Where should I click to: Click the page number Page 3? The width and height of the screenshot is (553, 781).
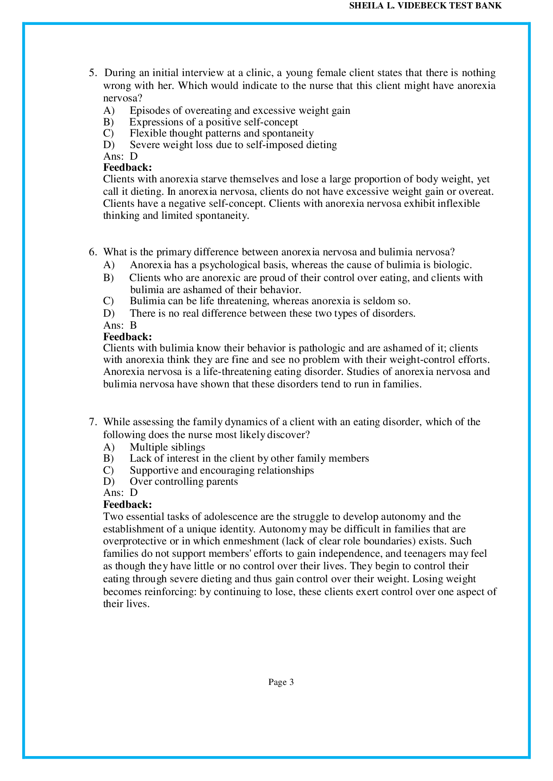(x=281, y=682)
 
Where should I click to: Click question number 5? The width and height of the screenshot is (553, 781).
(x=92, y=72)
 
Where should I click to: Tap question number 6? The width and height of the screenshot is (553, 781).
(x=92, y=252)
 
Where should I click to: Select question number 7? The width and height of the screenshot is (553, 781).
(x=92, y=422)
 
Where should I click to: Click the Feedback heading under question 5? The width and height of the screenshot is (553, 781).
(x=128, y=168)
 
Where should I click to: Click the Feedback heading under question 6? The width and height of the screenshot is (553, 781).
(x=128, y=337)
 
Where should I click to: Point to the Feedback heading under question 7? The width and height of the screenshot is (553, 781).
(x=128, y=504)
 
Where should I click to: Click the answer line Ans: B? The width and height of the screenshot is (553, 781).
(x=120, y=325)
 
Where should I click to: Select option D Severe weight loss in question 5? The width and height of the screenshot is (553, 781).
(x=233, y=145)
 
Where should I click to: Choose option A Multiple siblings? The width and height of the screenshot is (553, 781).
(x=167, y=447)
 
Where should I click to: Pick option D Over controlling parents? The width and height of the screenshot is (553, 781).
(x=184, y=481)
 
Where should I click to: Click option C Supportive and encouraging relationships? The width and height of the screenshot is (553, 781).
(x=221, y=470)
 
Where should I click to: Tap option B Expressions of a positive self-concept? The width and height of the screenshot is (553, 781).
(x=213, y=122)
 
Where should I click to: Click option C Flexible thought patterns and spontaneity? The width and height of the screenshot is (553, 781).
(x=221, y=133)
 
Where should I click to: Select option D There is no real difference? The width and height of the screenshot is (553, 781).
(x=272, y=313)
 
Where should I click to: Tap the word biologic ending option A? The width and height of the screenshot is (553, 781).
(x=452, y=265)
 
